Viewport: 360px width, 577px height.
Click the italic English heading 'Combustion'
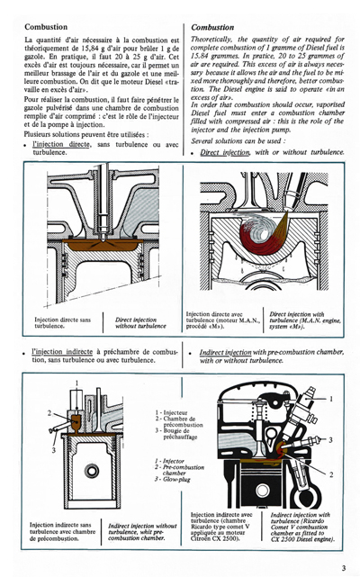click(x=214, y=27)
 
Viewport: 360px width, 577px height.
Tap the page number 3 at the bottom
click(x=344, y=567)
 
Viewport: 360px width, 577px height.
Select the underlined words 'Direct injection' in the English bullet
click(x=226, y=153)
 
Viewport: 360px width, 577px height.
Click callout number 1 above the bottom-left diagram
click(x=76, y=383)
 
